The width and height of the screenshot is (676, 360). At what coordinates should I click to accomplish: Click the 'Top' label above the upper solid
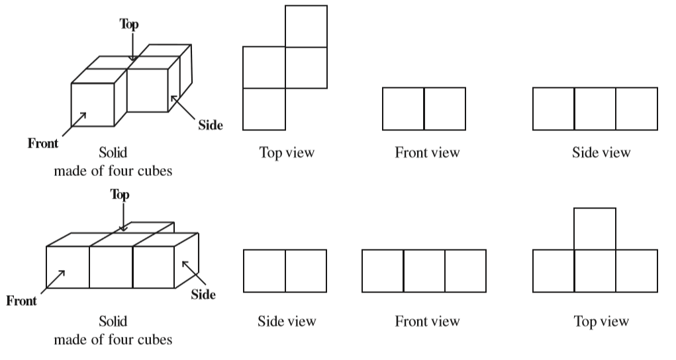[x=130, y=24]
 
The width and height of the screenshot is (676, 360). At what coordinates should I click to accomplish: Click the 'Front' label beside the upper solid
[x=42, y=142]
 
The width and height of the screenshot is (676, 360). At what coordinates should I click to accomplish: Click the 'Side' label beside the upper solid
[x=210, y=125]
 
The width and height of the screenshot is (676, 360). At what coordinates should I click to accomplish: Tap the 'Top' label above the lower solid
[x=120, y=194]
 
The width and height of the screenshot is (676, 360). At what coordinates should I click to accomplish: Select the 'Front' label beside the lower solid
[x=22, y=301]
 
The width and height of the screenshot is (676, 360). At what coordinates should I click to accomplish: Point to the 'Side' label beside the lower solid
[x=203, y=294]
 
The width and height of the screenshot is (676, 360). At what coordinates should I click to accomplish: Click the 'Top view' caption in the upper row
[x=287, y=153]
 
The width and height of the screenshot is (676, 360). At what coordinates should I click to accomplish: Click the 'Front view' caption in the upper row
[x=427, y=153]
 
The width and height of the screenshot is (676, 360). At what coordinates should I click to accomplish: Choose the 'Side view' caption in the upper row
[x=601, y=153]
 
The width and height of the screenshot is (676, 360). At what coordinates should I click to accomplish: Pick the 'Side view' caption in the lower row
[x=287, y=322]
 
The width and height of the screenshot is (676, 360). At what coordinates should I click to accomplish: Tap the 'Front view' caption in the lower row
[x=427, y=322]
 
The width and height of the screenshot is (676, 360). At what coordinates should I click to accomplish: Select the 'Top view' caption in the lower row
[x=601, y=322]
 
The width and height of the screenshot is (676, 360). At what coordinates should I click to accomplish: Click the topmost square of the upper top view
[x=306, y=26]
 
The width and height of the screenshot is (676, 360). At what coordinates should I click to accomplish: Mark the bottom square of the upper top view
[x=264, y=109]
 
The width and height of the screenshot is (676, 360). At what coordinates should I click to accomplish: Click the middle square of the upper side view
[x=595, y=109]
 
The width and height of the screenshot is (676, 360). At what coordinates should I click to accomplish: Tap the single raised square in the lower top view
[x=595, y=229]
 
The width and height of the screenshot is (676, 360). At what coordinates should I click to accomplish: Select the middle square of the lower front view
[x=424, y=271]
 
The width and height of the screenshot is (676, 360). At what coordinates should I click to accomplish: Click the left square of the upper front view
[x=403, y=109]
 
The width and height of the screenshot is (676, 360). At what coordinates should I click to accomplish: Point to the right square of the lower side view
[x=306, y=271]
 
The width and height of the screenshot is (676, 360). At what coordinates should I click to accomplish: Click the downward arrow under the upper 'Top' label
[x=132, y=48]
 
